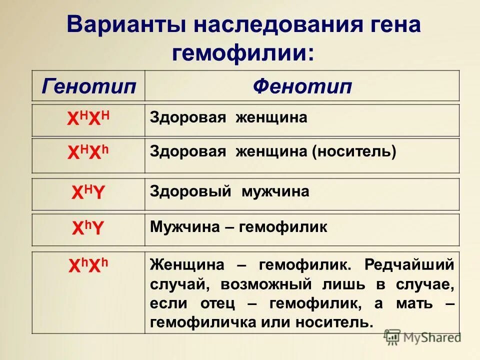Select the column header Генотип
click(x=89, y=86)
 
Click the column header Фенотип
click(x=302, y=86)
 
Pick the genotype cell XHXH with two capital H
click(x=88, y=119)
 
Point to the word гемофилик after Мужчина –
click(x=283, y=227)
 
